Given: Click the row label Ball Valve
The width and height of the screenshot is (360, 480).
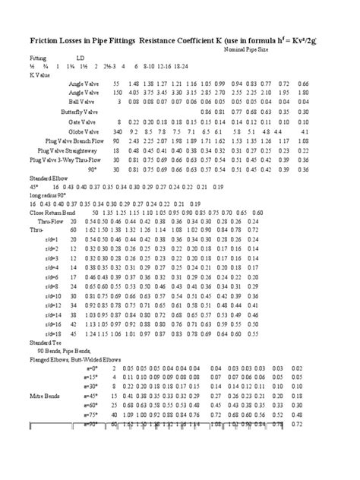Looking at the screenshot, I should [82, 100].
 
